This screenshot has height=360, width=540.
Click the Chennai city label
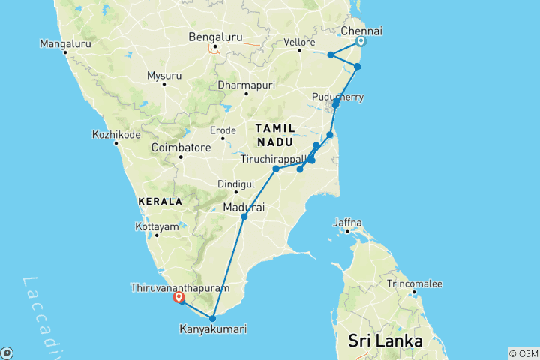click(x=361, y=31)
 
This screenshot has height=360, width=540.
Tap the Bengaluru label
click(x=214, y=36)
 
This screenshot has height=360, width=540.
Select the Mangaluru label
click(x=66, y=44)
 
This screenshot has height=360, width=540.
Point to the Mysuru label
click(x=164, y=76)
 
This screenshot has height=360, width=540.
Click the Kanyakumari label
click(x=213, y=328)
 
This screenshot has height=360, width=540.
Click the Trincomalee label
click(x=415, y=283)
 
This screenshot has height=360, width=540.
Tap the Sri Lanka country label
click(x=385, y=340)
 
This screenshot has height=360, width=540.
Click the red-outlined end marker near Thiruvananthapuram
click(x=179, y=298)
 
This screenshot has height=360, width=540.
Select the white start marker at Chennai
click(x=361, y=42)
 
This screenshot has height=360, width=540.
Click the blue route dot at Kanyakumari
click(x=213, y=318)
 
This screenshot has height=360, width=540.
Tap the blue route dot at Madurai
click(x=244, y=217)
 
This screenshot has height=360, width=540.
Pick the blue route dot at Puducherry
click(x=336, y=104)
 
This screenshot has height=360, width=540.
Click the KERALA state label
click(x=160, y=202)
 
